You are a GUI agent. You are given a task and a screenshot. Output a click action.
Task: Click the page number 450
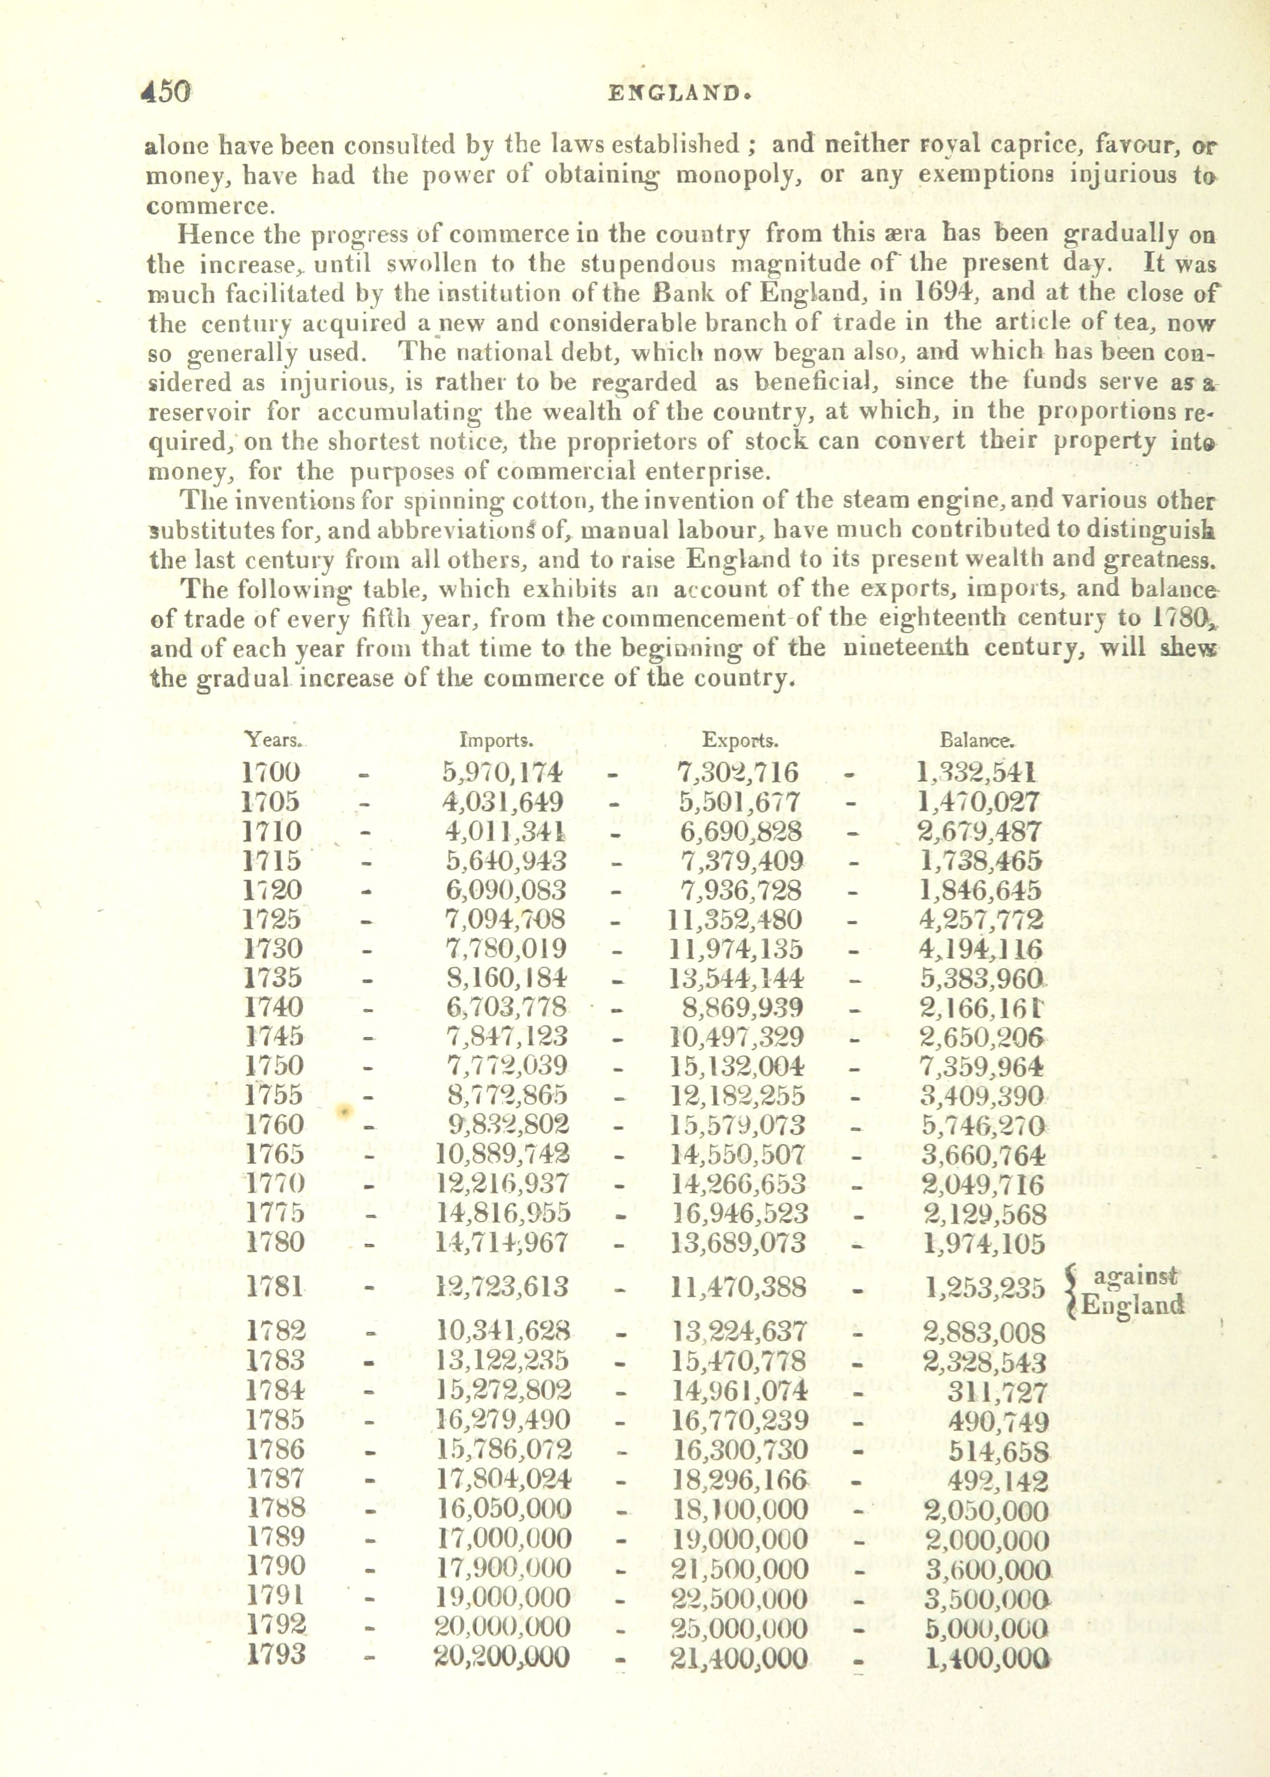(x=165, y=92)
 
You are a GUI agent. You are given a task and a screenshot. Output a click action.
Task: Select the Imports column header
(x=496, y=740)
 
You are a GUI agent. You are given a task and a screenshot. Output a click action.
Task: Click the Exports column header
(x=739, y=740)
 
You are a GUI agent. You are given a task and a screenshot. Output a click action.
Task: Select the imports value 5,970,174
(x=502, y=772)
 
